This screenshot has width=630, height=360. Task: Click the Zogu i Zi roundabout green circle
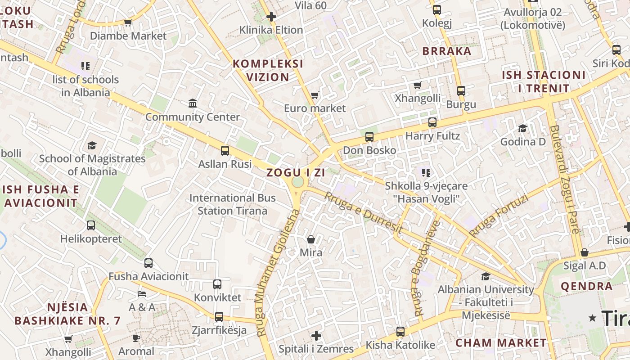(x=297, y=182)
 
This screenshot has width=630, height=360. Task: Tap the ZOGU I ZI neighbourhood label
(x=296, y=172)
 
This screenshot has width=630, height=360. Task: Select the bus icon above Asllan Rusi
(x=225, y=151)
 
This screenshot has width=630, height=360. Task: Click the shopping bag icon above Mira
(x=311, y=239)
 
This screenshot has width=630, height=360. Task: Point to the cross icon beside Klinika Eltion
(x=271, y=17)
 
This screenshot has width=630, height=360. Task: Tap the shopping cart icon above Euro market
(x=315, y=95)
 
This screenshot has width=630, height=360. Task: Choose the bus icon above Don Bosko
(x=369, y=137)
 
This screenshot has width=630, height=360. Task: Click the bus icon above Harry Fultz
(x=432, y=122)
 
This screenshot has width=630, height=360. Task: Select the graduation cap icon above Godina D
(x=522, y=129)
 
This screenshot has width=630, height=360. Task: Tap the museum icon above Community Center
(x=193, y=103)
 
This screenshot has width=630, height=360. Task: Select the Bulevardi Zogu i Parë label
(x=564, y=179)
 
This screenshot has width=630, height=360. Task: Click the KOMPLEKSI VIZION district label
(x=268, y=70)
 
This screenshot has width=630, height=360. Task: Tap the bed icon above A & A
(x=142, y=294)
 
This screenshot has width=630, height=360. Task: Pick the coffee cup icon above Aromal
(x=136, y=338)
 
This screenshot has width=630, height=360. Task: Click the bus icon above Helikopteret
(x=91, y=225)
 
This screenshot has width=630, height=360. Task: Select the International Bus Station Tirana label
(x=233, y=204)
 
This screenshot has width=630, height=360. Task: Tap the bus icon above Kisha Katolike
(x=400, y=332)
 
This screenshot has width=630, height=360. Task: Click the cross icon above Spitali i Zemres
(x=316, y=336)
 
